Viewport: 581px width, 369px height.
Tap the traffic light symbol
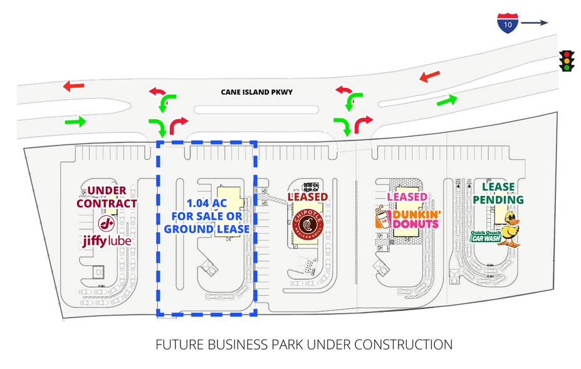click(x=568, y=60)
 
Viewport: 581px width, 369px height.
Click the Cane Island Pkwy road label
click(x=256, y=92)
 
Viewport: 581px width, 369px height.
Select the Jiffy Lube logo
click(x=107, y=232)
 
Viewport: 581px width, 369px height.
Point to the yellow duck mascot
click(x=508, y=228)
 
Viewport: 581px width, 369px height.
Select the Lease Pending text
click(x=498, y=193)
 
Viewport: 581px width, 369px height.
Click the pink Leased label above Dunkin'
click(x=407, y=197)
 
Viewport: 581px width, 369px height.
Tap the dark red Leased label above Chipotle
click(x=308, y=196)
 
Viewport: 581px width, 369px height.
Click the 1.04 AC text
click(x=207, y=203)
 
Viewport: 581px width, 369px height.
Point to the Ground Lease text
click(x=207, y=229)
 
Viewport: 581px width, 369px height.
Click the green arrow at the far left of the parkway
click(x=75, y=120)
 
